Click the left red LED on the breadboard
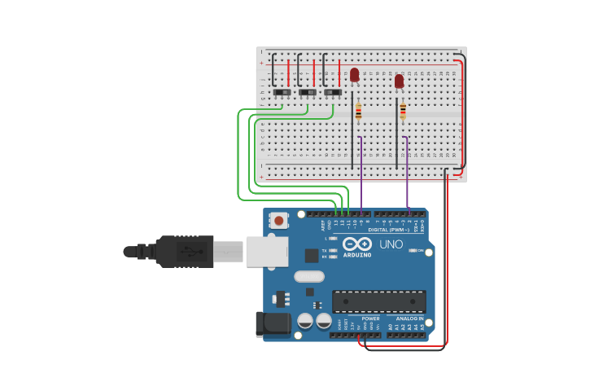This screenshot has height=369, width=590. [x=354, y=74]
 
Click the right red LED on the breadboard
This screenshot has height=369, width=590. [x=399, y=81]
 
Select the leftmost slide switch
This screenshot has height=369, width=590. [x=282, y=93]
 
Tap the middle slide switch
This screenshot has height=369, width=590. [x=308, y=93]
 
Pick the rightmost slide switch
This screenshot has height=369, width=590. [x=333, y=93]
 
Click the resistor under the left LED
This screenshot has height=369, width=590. [x=358, y=112]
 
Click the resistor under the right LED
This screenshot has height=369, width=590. [x=403, y=110]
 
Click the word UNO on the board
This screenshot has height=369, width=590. [x=391, y=244]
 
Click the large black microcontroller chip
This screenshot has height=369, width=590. [x=378, y=301]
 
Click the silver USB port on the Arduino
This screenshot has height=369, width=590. [x=265, y=252]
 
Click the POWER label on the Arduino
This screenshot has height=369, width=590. [x=371, y=318]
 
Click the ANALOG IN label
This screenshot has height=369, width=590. [x=409, y=318]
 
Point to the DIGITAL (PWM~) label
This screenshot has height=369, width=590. [x=388, y=230]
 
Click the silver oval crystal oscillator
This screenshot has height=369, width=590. [x=309, y=276]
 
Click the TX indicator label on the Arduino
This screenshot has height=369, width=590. [x=324, y=250]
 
